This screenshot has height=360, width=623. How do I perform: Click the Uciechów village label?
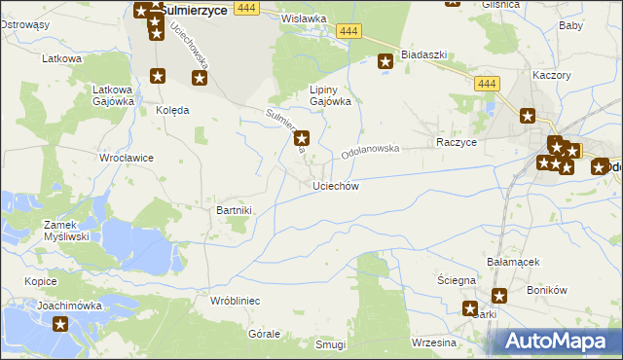tap(336, 186)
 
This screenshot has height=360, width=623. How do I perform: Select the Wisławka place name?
tap(303, 18)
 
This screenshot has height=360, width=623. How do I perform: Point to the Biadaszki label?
tap(423, 54)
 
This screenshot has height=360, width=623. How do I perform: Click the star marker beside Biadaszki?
tap(385, 62)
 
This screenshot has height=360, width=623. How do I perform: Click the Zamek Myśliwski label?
tap(67, 230)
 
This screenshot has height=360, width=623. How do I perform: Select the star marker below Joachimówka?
tap(60, 325)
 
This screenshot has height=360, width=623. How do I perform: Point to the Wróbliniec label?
tap(235, 301)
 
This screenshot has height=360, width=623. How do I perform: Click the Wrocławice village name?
tap(127, 157)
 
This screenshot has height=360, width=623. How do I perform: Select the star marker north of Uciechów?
tap(302, 138)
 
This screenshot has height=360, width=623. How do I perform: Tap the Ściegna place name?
tap(456, 280)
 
